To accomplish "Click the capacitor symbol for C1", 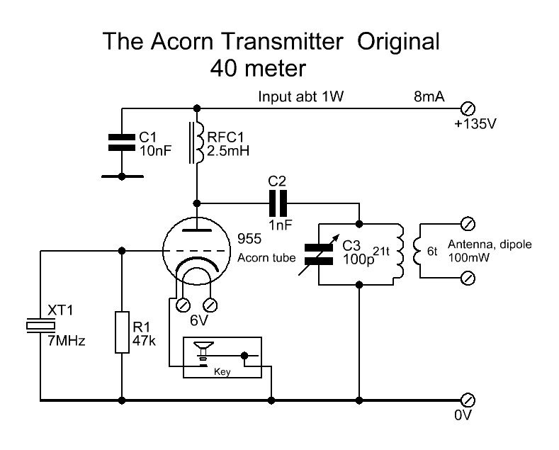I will click(x=121, y=142).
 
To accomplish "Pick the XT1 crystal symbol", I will click(x=40, y=325).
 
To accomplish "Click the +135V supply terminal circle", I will click(x=468, y=108).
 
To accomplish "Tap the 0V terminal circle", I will click(x=468, y=400).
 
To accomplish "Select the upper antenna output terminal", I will click(x=468, y=224).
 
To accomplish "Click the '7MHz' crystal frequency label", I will click(x=66, y=342).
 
